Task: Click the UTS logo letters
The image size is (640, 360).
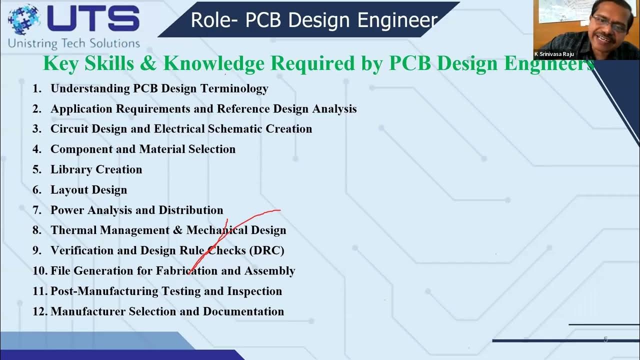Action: coord(93,19)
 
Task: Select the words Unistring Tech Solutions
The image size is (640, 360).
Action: coord(73,43)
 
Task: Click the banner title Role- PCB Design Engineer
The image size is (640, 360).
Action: coord(314,20)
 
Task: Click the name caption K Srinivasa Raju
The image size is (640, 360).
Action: coord(554,54)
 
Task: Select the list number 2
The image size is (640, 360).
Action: coord(36,109)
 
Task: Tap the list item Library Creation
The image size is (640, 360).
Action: coord(96,169)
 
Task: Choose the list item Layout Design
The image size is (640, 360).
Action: coord(88,190)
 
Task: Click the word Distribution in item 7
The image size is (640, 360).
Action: coord(190,210)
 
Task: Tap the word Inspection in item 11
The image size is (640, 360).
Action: coord(254,291)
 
